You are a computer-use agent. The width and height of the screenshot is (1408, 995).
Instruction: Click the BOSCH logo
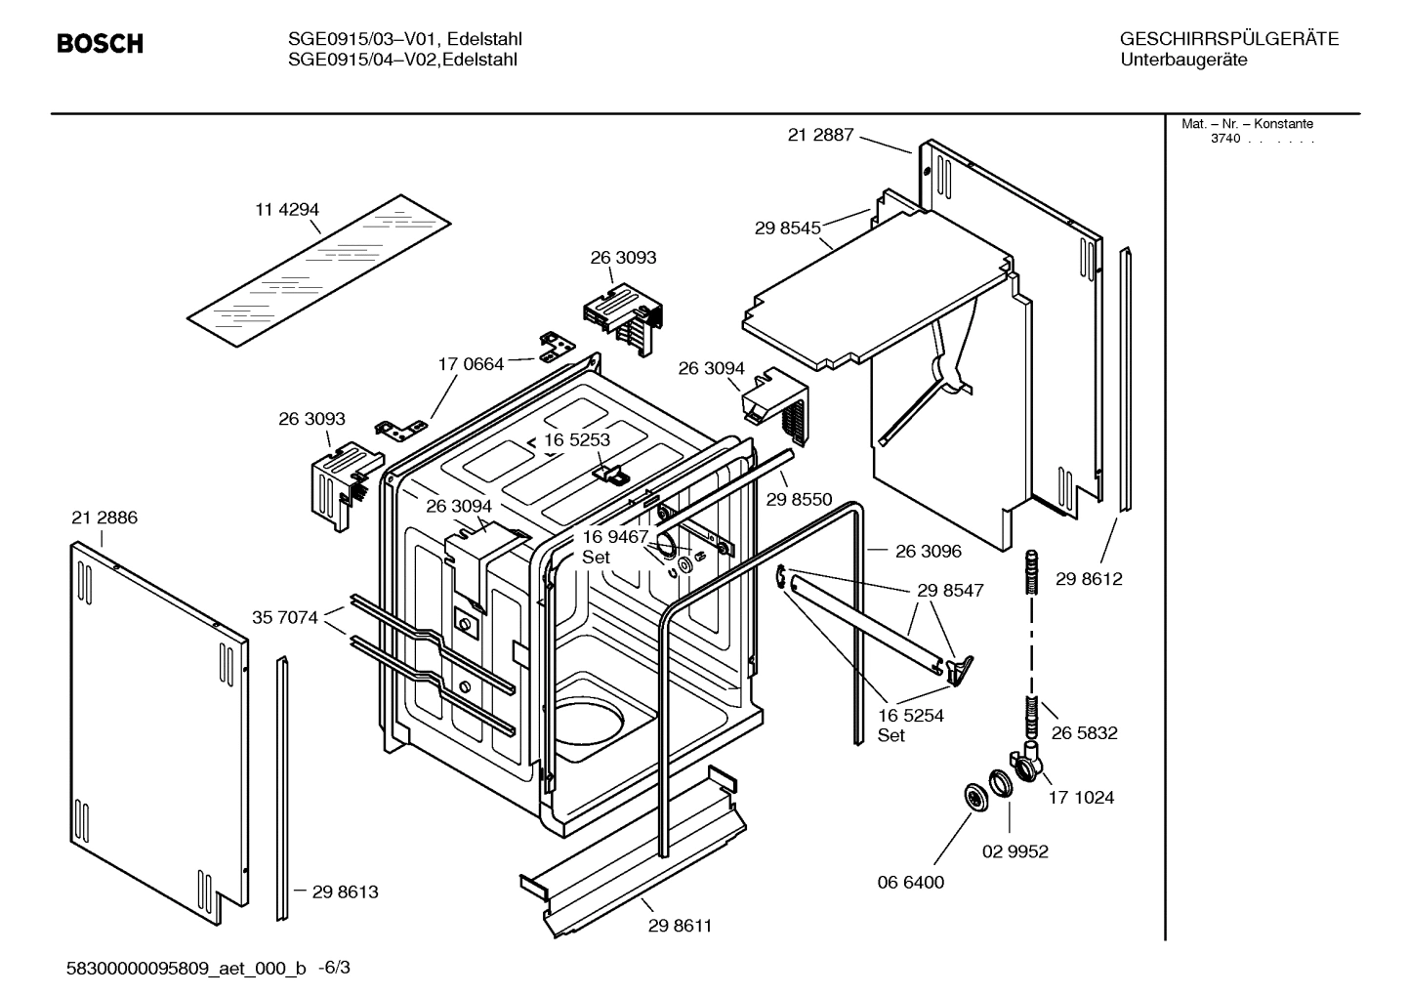click(100, 44)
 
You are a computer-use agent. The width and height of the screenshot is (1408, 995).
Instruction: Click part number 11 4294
click(287, 209)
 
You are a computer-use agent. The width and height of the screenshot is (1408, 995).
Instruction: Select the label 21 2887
click(820, 135)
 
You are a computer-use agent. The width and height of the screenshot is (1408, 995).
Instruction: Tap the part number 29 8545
click(787, 228)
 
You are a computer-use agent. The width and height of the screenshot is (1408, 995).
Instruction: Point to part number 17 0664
click(471, 364)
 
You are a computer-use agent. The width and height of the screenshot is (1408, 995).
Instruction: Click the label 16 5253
click(577, 439)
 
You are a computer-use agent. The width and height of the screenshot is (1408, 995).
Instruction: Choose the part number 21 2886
click(104, 518)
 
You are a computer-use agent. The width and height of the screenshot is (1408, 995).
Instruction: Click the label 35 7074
click(285, 617)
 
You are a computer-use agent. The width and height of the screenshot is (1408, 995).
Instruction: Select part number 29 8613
click(345, 891)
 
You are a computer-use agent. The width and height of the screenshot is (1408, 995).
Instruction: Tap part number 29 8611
click(680, 926)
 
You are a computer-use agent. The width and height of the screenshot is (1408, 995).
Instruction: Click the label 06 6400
click(911, 882)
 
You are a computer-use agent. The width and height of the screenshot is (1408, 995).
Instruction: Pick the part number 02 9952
click(1015, 851)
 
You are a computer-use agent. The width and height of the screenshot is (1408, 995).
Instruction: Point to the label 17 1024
click(1081, 797)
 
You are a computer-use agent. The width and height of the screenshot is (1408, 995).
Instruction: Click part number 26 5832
click(1084, 732)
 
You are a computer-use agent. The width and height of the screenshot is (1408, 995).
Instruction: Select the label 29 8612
click(1089, 579)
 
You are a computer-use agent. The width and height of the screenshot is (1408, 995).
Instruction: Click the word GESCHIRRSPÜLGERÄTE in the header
click(1229, 39)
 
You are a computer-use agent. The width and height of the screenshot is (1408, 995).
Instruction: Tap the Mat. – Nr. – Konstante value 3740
click(1225, 139)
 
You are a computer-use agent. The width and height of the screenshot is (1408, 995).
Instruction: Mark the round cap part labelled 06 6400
click(974, 796)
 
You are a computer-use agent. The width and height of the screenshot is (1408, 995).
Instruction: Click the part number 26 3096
click(928, 551)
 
